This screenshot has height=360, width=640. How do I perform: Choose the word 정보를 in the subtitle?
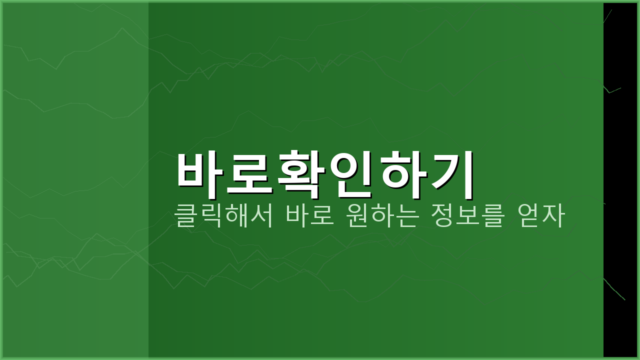point(467,216)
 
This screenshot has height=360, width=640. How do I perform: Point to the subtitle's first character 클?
point(185,216)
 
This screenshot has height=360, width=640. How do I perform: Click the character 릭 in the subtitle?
point(211,216)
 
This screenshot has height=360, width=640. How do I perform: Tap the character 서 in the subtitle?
point(262,216)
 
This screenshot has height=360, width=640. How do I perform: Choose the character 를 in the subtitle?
point(493,216)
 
